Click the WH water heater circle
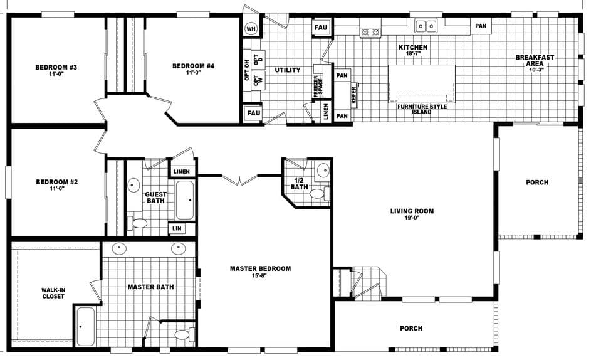(x=251, y=29)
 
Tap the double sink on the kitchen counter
(x=427, y=26)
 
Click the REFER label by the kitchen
(x=355, y=95)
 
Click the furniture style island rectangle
(x=422, y=83)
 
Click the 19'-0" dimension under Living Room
(x=411, y=218)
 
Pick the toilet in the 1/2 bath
(x=318, y=193)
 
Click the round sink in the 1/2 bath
(x=322, y=171)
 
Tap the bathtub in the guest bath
(x=184, y=199)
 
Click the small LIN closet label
(x=177, y=229)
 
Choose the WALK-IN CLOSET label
(x=53, y=293)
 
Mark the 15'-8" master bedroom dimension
(x=260, y=276)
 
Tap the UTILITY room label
(x=288, y=70)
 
